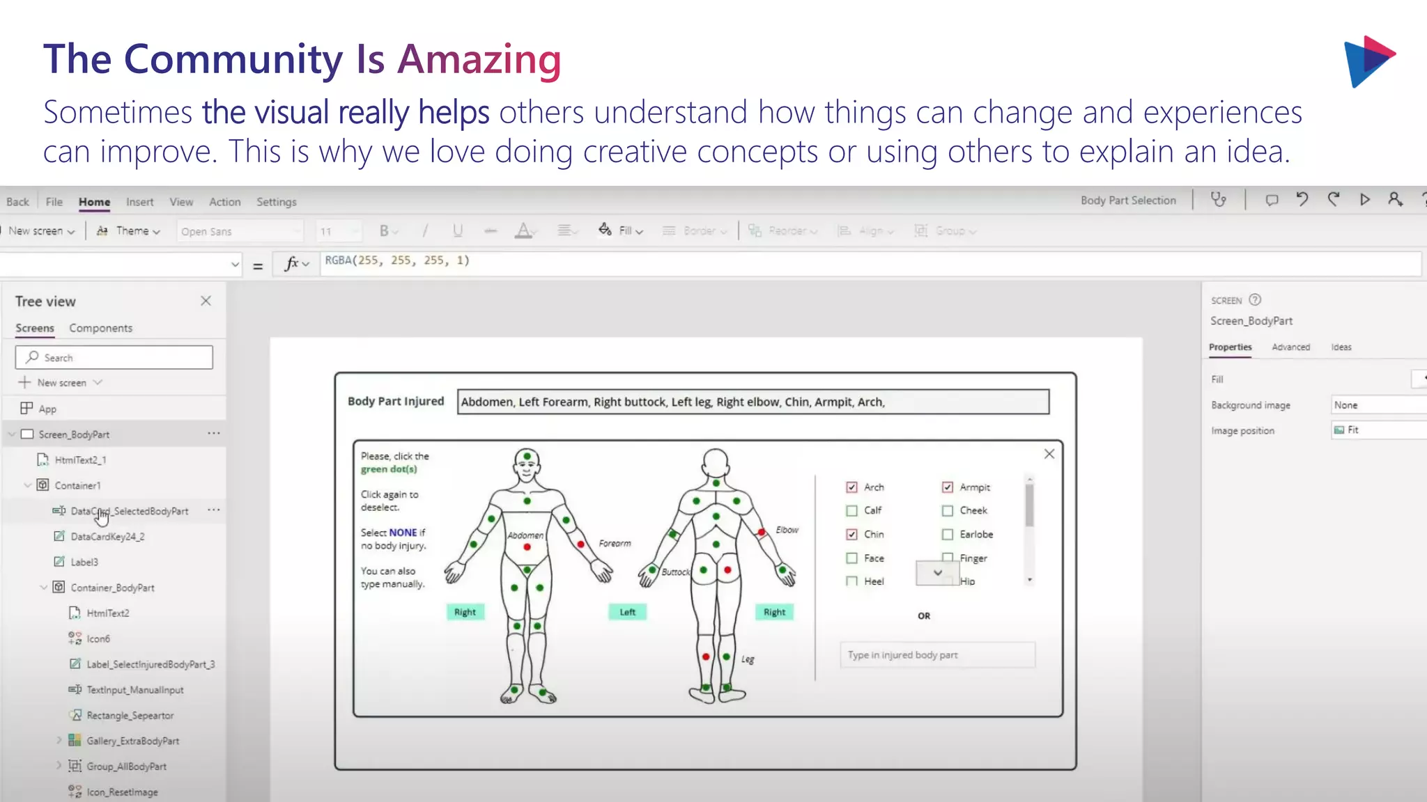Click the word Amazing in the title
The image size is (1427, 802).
[x=479, y=60]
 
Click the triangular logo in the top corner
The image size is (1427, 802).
[x=1368, y=61]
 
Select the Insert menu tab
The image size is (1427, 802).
[x=139, y=202]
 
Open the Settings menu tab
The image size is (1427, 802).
[x=276, y=202]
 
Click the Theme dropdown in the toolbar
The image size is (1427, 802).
[x=129, y=231]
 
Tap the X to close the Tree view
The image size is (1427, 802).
[x=206, y=301]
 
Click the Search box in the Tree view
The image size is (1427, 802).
[x=114, y=357]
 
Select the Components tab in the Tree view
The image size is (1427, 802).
[x=100, y=328]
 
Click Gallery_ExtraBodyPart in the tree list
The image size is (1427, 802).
[x=132, y=741]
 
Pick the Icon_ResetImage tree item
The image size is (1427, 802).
[x=122, y=792]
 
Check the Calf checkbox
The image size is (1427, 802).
[x=851, y=510]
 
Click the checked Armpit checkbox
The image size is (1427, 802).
[x=948, y=487]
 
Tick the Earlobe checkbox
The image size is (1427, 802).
[x=948, y=535]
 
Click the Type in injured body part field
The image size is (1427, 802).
[x=936, y=655]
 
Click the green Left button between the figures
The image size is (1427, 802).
[x=627, y=612]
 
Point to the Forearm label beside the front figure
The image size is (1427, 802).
[x=615, y=544]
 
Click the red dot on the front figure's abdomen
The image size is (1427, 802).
[x=527, y=547]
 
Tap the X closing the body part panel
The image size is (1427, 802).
[x=1049, y=454]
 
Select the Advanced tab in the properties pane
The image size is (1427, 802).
[x=1290, y=347]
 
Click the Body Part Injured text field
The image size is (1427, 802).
[x=753, y=402]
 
